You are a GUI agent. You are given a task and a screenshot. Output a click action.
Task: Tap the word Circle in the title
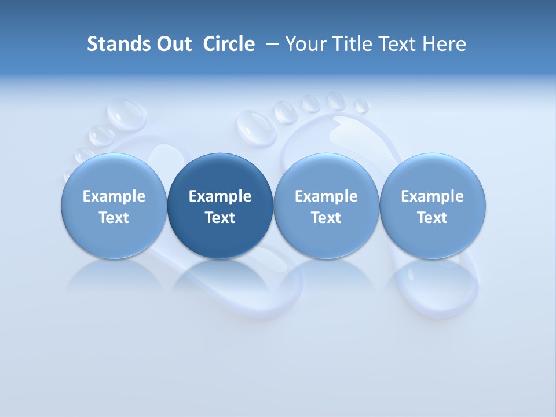(x=229, y=44)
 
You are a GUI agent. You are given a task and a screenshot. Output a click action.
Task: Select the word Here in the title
(x=444, y=44)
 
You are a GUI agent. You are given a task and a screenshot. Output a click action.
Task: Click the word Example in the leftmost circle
(x=114, y=196)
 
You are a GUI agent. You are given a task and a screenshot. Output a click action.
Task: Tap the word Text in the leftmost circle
(x=114, y=218)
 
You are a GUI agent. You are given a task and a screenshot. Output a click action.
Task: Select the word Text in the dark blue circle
(x=220, y=218)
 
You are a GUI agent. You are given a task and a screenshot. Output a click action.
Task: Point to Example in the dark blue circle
(x=220, y=196)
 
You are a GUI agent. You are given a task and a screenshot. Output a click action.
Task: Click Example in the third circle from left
(x=326, y=196)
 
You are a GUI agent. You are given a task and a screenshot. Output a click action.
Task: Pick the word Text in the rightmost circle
(x=433, y=218)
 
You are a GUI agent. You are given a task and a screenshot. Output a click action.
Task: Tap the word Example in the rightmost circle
(x=433, y=196)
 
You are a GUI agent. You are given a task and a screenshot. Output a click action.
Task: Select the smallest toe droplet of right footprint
(x=361, y=106)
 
